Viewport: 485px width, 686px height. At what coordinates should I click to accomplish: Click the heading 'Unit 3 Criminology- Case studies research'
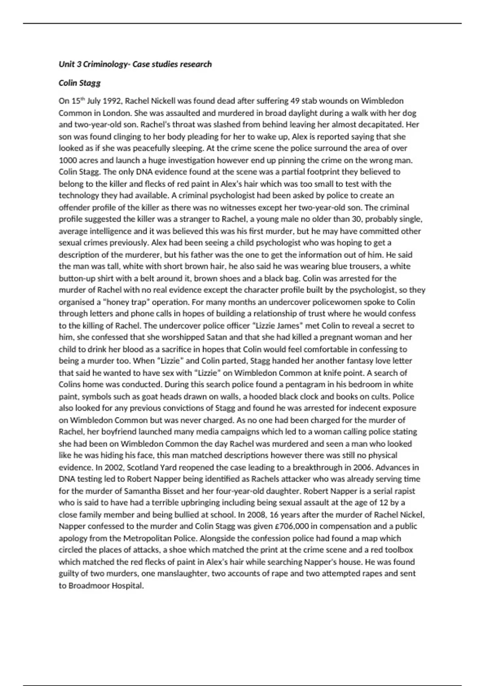click(x=135, y=64)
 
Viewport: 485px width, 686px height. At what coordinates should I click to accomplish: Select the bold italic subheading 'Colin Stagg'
click(x=80, y=83)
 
